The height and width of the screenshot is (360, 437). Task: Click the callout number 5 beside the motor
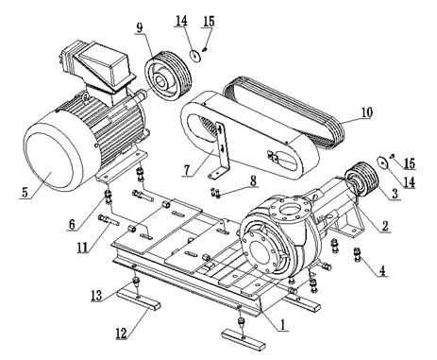pos(25,192)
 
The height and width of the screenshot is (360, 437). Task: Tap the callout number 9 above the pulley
pos(140,27)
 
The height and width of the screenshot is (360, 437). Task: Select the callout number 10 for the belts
pos(366,112)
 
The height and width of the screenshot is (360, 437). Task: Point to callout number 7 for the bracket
pos(187,170)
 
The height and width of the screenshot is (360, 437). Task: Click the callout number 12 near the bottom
pos(121,334)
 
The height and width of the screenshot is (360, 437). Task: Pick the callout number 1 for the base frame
pos(282,324)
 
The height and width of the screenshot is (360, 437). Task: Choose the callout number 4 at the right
pos(382,271)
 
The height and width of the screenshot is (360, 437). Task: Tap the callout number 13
pos(96,296)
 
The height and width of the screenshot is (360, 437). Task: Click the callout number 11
pos(82,248)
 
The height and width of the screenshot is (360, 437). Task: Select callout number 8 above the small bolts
pos(253,181)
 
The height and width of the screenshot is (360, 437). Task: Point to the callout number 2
pos(385,226)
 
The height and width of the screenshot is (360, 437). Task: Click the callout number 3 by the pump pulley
pos(395,194)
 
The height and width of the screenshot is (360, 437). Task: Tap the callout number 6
pos(72,225)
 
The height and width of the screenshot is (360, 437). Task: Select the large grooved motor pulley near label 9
pos(168,76)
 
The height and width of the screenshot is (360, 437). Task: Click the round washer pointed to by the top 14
pos(196,56)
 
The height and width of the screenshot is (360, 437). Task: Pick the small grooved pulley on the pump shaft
pos(361,180)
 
